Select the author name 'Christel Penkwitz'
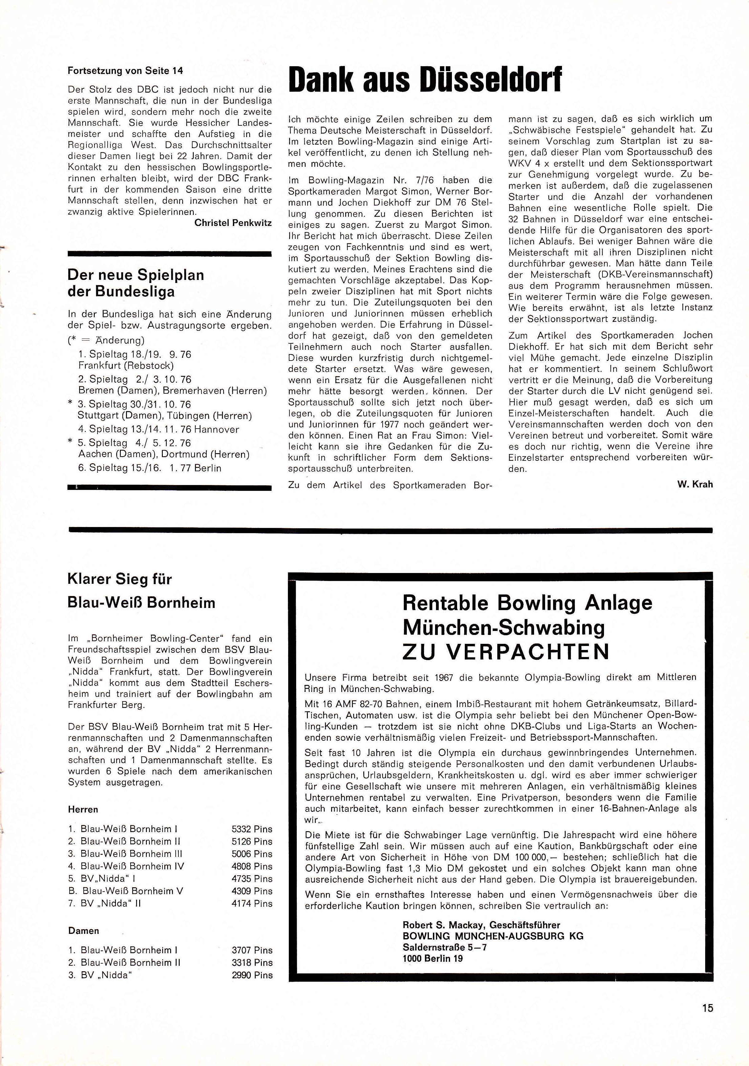[x=233, y=223]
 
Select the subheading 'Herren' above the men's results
[x=83, y=809]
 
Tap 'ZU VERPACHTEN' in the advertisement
[x=506, y=652]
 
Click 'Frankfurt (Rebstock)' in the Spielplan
[x=126, y=365]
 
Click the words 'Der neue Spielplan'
[x=136, y=275]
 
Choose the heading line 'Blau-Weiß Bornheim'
[x=142, y=603]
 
